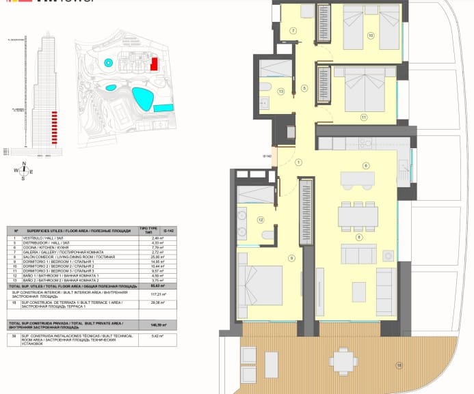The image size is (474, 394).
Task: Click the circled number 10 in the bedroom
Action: (x=370, y=36)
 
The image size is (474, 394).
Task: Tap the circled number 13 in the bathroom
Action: (x=280, y=91)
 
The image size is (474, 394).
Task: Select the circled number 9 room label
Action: (x=291, y=257)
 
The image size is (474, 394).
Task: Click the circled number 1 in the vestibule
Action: (x=298, y=163)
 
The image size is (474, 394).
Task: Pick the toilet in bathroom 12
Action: (x=267, y=236)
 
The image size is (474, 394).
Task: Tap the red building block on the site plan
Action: (x=155, y=64)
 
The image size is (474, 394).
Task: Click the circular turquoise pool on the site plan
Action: (x=109, y=62)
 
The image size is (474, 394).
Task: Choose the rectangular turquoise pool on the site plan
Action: (x=163, y=108)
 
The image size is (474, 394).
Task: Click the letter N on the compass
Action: (x=24, y=163)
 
